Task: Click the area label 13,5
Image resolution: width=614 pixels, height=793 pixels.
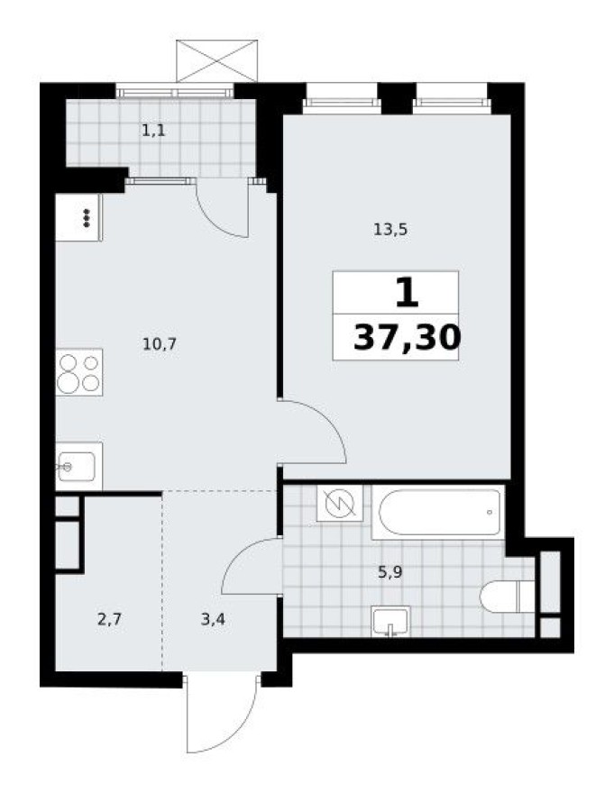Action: (391, 229)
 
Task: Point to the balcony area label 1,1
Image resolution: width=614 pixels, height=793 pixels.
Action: (152, 130)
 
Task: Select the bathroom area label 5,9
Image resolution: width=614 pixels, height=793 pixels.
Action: (389, 570)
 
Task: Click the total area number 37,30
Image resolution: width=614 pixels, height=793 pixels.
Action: (407, 338)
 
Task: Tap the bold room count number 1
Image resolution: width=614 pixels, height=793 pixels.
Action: (407, 293)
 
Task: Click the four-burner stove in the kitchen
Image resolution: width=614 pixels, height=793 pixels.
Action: (78, 372)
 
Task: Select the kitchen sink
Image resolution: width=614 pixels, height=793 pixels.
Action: (78, 466)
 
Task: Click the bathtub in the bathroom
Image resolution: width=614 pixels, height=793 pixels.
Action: (439, 513)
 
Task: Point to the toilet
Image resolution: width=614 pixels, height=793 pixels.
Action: (506, 597)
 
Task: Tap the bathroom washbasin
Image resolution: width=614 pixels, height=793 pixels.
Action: (390, 622)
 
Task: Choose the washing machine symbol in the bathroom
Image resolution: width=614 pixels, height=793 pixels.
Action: (340, 505)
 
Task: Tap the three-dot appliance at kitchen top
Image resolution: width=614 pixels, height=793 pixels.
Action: (78, 217)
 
